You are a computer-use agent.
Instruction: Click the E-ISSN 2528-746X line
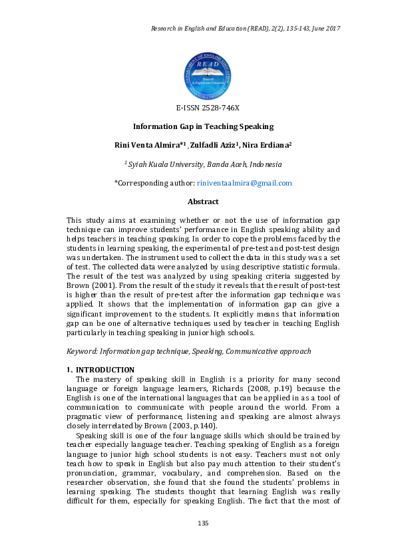click(x=208, y=108)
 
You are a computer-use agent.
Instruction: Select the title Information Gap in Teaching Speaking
click(x=203, y=126)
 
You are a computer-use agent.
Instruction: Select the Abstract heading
click(x=203, y=201)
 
